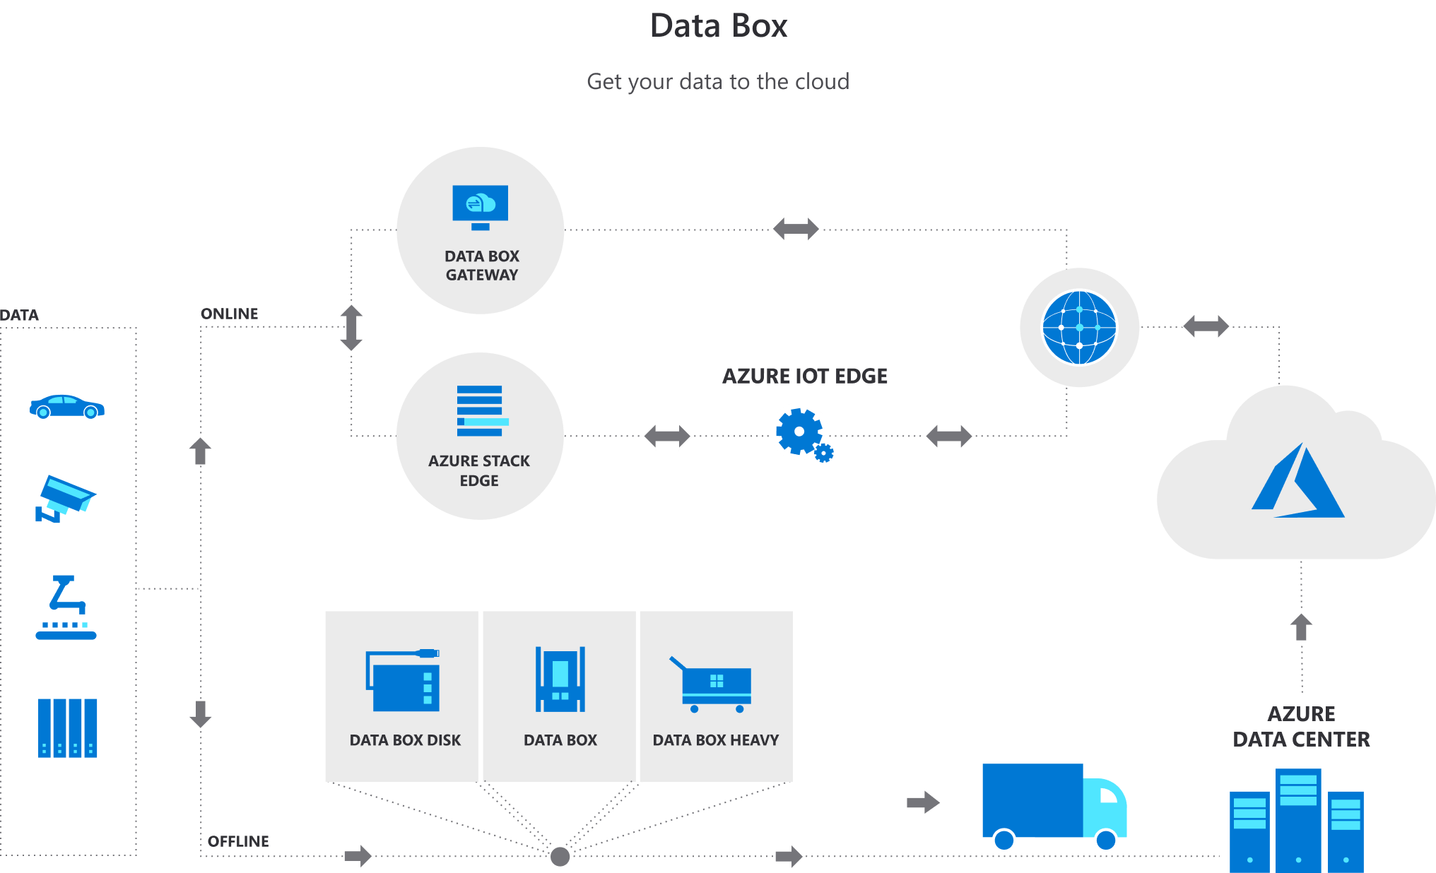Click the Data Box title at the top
click(718, 26)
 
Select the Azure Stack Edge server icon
click(481, 410)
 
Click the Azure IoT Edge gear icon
click(800, 432)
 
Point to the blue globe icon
click(1079, 328)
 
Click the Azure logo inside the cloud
click(1298, 482)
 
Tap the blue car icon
click(66, 407)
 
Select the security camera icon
click(65, 499)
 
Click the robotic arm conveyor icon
click(66, 607)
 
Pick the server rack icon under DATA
click(67, 727)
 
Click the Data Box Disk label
click(405, 740)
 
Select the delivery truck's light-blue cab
click(1105, 807)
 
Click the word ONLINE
click(229, 314)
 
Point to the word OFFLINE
click(238, 841)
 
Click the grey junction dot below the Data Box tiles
click(560, 856)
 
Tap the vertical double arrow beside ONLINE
click(351, 328)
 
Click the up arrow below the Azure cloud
click(1301, 626)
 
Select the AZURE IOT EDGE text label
click(804, 376)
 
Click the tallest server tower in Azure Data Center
click(1298, 819)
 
